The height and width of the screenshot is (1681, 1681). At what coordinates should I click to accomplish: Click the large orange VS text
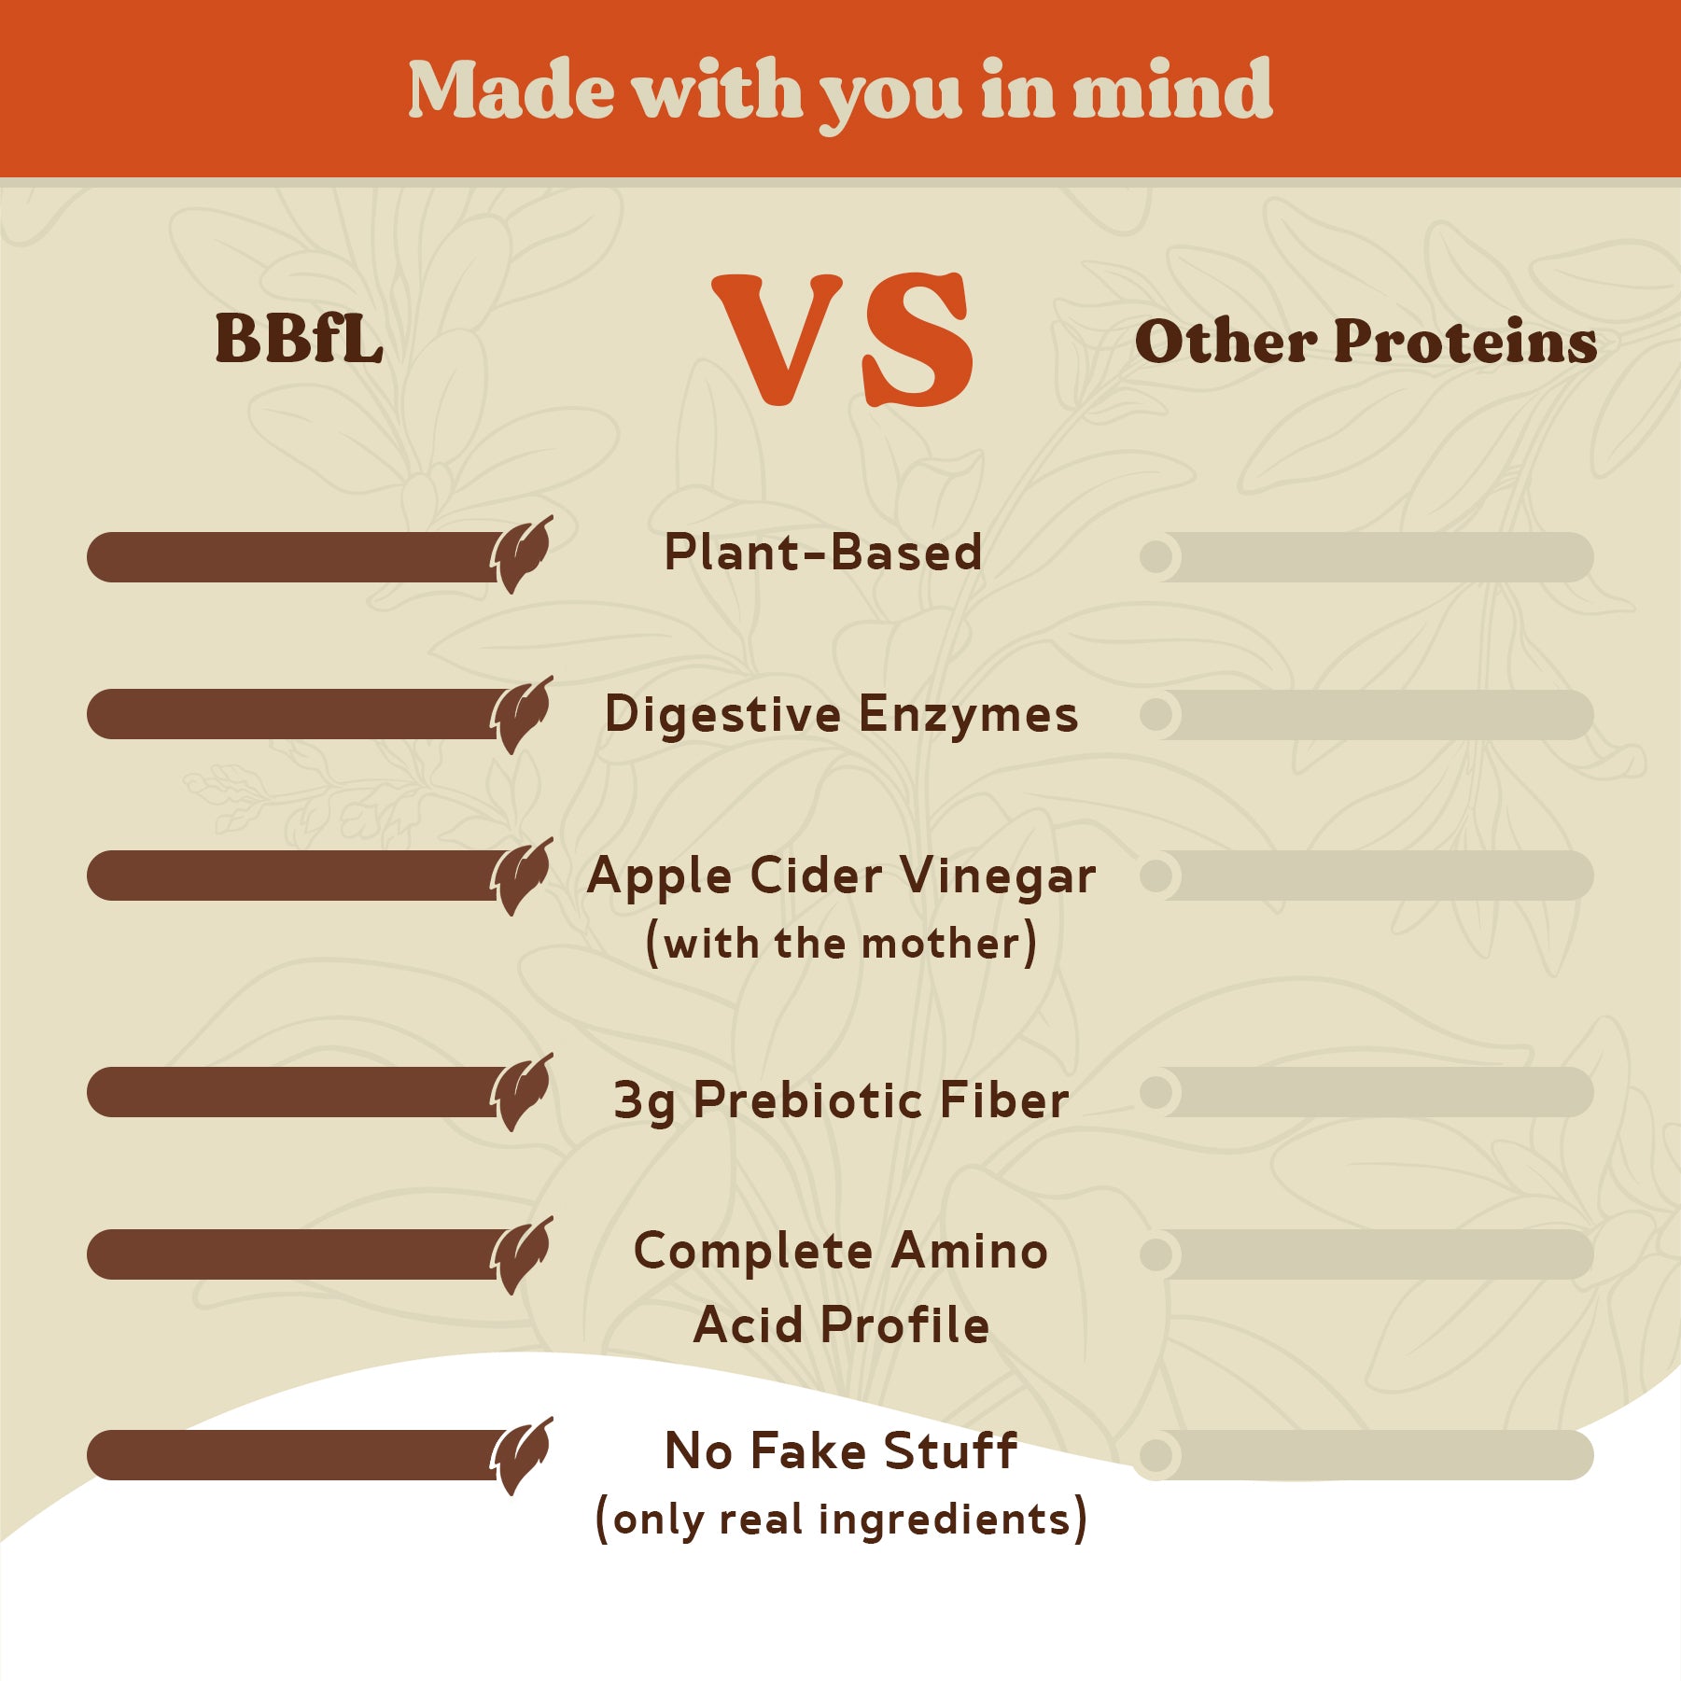(843, 341)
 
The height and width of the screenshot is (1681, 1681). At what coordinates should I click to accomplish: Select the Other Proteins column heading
(1366, 341)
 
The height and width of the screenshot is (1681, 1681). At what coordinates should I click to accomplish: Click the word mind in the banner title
(1172, 90)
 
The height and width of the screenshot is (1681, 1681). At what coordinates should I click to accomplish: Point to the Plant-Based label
(822, 552)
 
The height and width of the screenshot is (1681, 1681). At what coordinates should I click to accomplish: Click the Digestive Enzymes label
(841, 715)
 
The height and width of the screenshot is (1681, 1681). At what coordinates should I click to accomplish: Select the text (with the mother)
(841, 943)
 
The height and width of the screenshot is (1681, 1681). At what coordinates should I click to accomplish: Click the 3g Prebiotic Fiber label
(841, 1101)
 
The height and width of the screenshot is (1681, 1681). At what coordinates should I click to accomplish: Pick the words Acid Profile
(841, 1324)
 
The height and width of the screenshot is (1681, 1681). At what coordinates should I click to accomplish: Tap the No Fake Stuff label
(841, 1451)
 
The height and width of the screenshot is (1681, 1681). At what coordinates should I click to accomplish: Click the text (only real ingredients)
(841, 1520)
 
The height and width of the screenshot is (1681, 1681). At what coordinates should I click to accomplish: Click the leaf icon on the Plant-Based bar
(522, 554)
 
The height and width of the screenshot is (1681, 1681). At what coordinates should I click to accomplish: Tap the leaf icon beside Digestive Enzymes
(522, 715)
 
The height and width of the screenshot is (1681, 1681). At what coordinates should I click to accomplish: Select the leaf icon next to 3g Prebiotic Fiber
(522, 1092)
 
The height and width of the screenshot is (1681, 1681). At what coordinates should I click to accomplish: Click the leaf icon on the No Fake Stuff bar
(522, 1456)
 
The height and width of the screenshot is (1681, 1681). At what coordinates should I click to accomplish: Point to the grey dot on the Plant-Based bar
(1156, 557)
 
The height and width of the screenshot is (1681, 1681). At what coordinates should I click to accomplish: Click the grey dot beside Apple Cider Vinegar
(1156, 876)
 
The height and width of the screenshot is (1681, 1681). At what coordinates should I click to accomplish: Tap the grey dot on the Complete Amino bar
(1156, 1254)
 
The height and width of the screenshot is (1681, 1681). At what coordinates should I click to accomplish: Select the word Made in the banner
(511, 90)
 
